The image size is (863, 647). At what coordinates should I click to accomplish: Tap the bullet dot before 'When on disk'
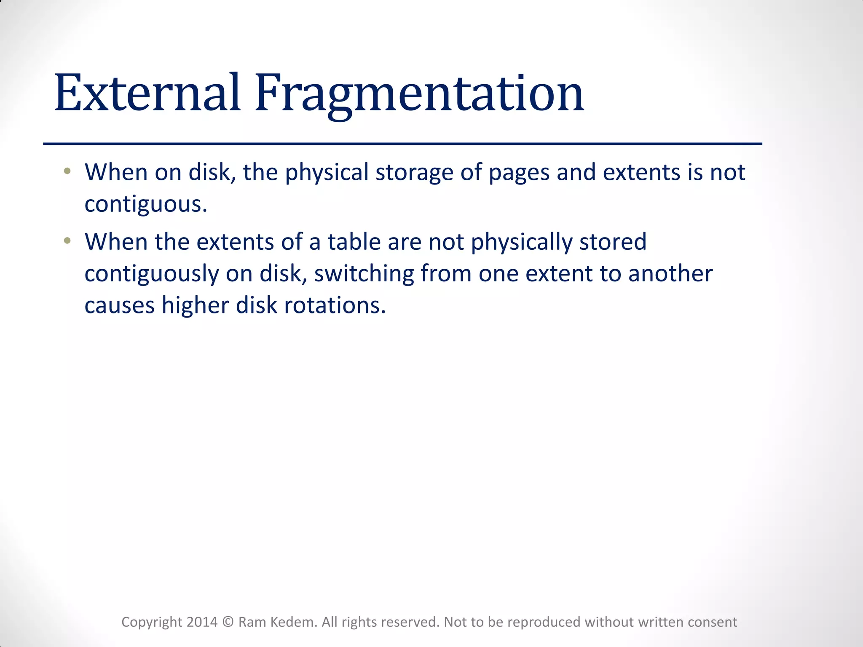(67, 171)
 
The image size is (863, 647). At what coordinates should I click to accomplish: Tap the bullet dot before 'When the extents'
(67, 241)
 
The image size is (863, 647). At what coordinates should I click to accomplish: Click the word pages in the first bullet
(519, 173)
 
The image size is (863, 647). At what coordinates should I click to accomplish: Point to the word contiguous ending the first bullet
(146, 205)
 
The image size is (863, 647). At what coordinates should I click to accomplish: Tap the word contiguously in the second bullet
(152, 274)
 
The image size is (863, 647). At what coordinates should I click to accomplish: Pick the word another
(670, 273)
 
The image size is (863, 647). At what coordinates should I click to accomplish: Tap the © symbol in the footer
(228, 622)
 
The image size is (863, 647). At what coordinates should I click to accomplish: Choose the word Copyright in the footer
(152, 623)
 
